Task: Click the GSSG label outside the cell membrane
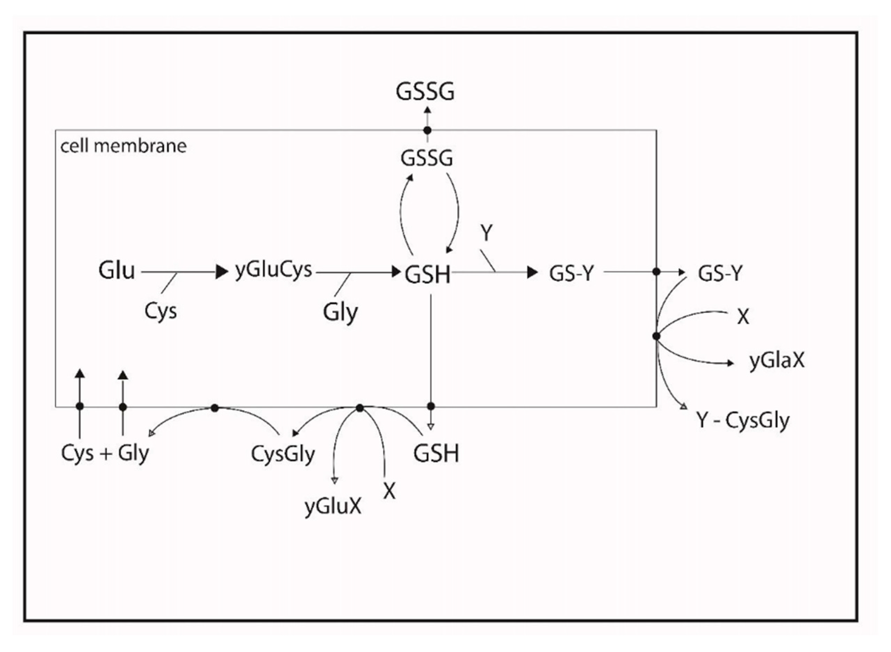pyautogui.click(x=425, y=92)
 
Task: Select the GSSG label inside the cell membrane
pyautogui.click(x=426, y=159)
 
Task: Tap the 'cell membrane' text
pyautogui.click(x=123, y=146)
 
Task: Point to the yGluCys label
pyautogui.click(x=273, y=271)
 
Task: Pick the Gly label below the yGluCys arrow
pyautogui.click(x=340, y=313)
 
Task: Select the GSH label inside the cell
pyautogui.click(x=427, y=275)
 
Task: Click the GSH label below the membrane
pyautogui.click(x=436, y=453)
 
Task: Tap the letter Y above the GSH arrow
pyautogui.click(x=487, y=233)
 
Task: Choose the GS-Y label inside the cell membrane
pyautogui.click(x=571, y=273)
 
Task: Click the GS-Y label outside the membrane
pyautogui.click(x=720, y=273)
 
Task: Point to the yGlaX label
pyautogui.click(x=777, y=360)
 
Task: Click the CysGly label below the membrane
pyautogui.click(x=283, y=454)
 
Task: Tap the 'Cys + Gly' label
pyautogui.click(x=105, y=453)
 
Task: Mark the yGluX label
pyautogui.click(x=333, y=506)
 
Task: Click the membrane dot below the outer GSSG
pyautogui.click(x=427, y=130)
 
